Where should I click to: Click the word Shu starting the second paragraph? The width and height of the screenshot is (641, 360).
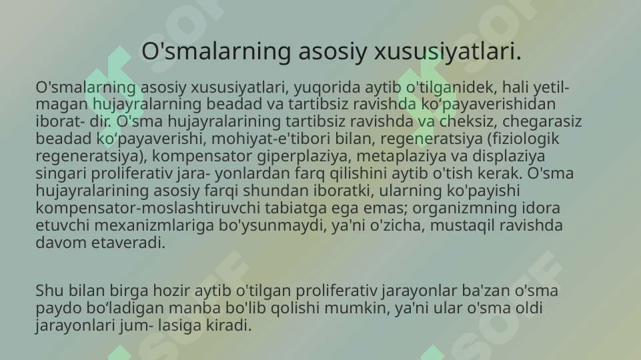pos(47,291)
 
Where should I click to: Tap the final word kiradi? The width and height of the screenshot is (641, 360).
pos(233,326)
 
